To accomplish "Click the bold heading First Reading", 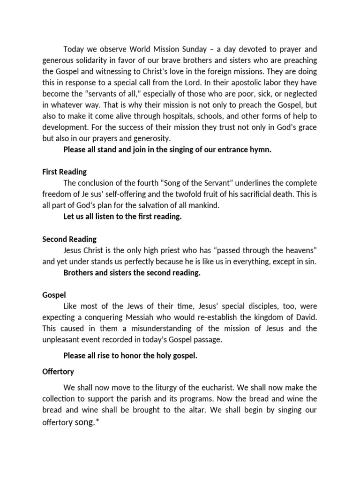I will pyautogui.click(x=64, y=172).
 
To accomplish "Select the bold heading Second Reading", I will pyautogui.click(x=69, y=239).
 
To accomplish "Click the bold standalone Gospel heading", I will pyautogui.click(x=54, y=295).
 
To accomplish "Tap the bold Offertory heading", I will pyautogui.click(x=58, y=371).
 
